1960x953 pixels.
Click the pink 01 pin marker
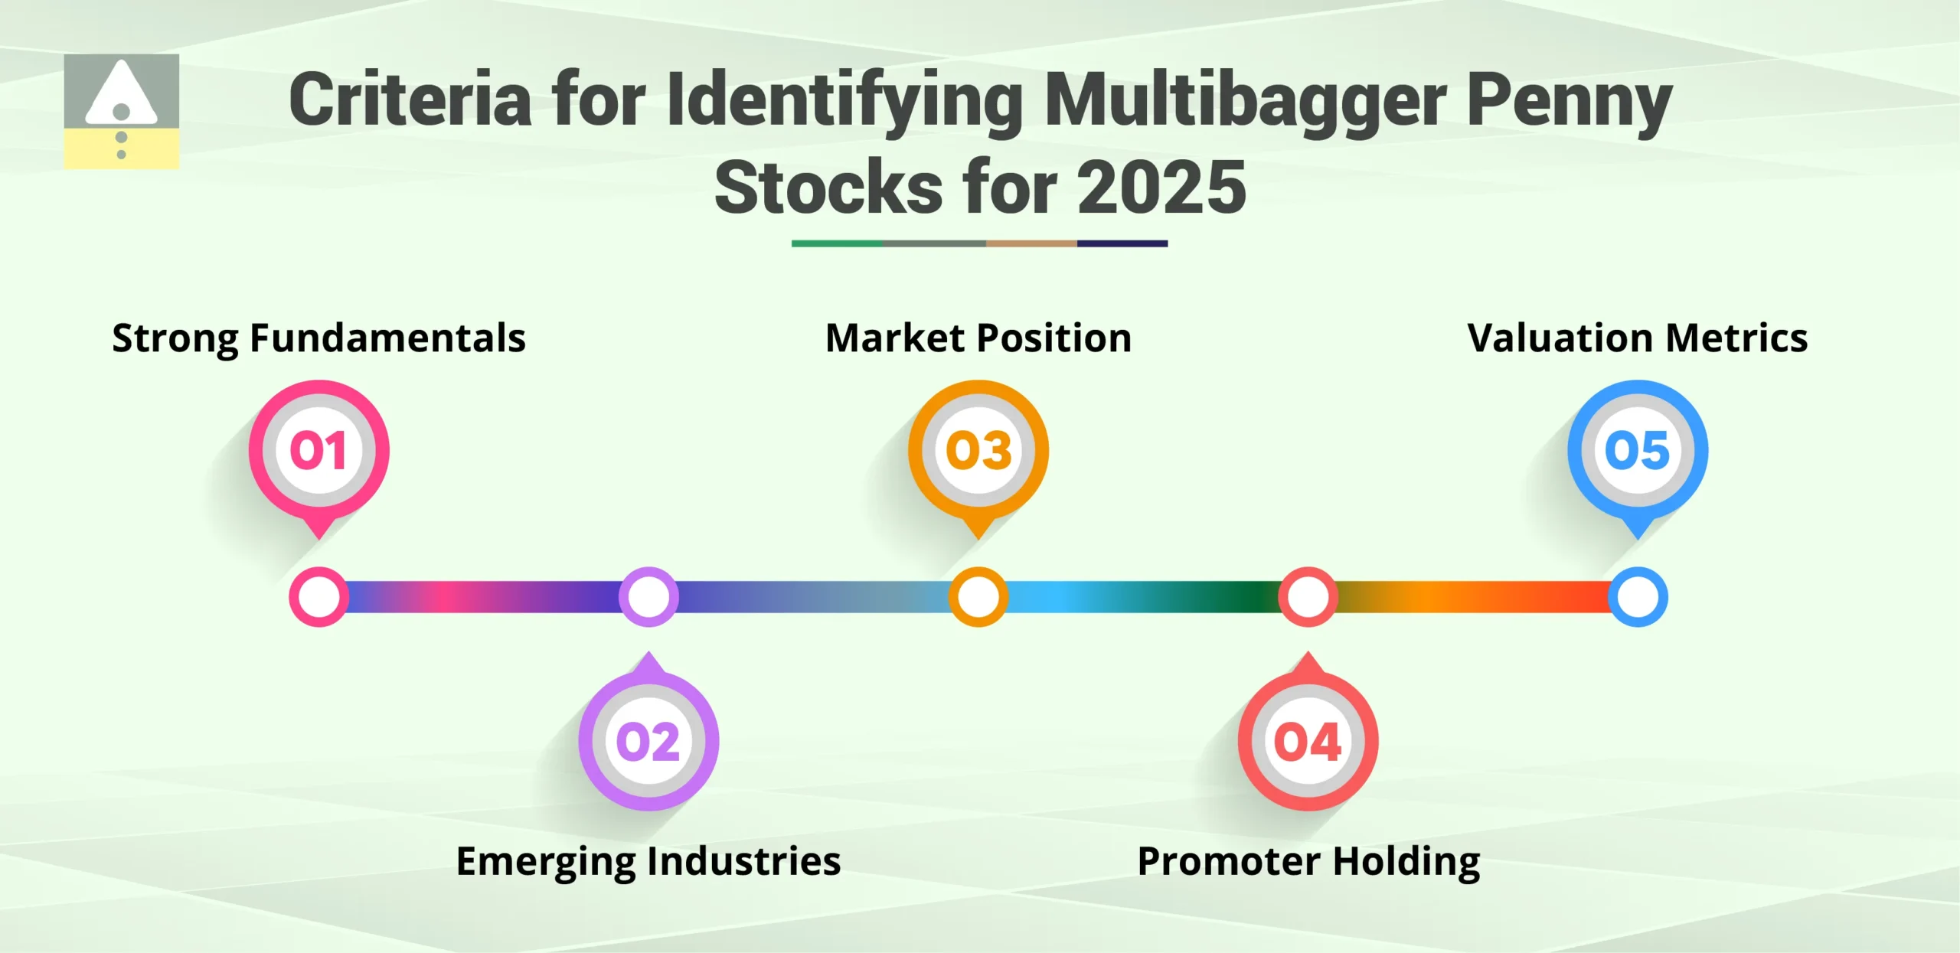(318, 451)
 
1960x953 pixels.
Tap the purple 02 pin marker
(648, 740)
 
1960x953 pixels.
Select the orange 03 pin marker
(978, 451)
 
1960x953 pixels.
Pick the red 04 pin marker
(1308, 740)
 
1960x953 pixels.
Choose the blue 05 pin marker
(1638, 451)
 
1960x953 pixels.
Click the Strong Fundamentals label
(318, 338)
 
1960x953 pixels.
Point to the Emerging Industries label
(648, 861)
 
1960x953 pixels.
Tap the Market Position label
(978, 338)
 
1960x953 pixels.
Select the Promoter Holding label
(1308, 861)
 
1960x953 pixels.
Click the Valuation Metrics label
(1638, 338)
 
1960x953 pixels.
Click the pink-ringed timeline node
(318, 597)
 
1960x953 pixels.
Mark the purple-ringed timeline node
(648, 597)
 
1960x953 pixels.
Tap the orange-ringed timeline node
(978, 597)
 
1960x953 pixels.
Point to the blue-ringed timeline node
(1638, 597)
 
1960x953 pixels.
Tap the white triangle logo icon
(121, 96)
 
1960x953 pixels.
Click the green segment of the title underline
(837, 243)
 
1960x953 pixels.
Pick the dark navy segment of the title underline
(1122, 243)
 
